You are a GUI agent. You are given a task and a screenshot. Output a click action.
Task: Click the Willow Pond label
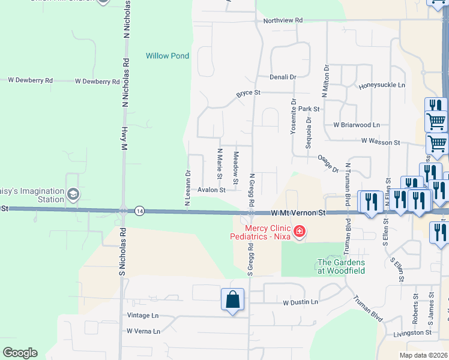point(167,56)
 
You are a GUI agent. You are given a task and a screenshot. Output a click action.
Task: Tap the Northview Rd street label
point(283,20)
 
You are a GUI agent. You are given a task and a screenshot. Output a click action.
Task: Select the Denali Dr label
point(283,77)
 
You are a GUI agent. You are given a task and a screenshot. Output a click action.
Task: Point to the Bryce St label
point(248,93)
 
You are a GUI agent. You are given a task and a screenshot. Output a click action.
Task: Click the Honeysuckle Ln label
point(382,86)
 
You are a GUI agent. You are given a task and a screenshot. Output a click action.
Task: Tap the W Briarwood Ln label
point(357,125)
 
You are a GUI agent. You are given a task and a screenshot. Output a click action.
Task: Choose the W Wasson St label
point(381,142)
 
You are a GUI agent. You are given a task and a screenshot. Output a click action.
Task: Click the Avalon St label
point(211,190)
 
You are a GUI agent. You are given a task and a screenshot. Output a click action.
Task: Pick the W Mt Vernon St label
point(298,213)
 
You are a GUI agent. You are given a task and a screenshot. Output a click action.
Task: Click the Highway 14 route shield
point(139,210)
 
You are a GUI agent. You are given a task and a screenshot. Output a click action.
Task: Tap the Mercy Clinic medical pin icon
point(299,231)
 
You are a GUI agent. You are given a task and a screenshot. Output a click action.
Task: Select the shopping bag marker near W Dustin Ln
point(232,299)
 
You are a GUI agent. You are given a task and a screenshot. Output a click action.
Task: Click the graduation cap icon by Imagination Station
point(73,193)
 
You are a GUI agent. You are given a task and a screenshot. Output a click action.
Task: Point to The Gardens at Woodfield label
point(341,266)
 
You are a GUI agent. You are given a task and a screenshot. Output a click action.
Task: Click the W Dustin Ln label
point(300,302)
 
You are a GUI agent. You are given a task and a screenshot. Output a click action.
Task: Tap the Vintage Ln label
point(143,316)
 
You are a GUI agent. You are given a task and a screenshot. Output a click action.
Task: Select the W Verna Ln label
point(143,331)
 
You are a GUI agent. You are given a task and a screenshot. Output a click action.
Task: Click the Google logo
point(20,353)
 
